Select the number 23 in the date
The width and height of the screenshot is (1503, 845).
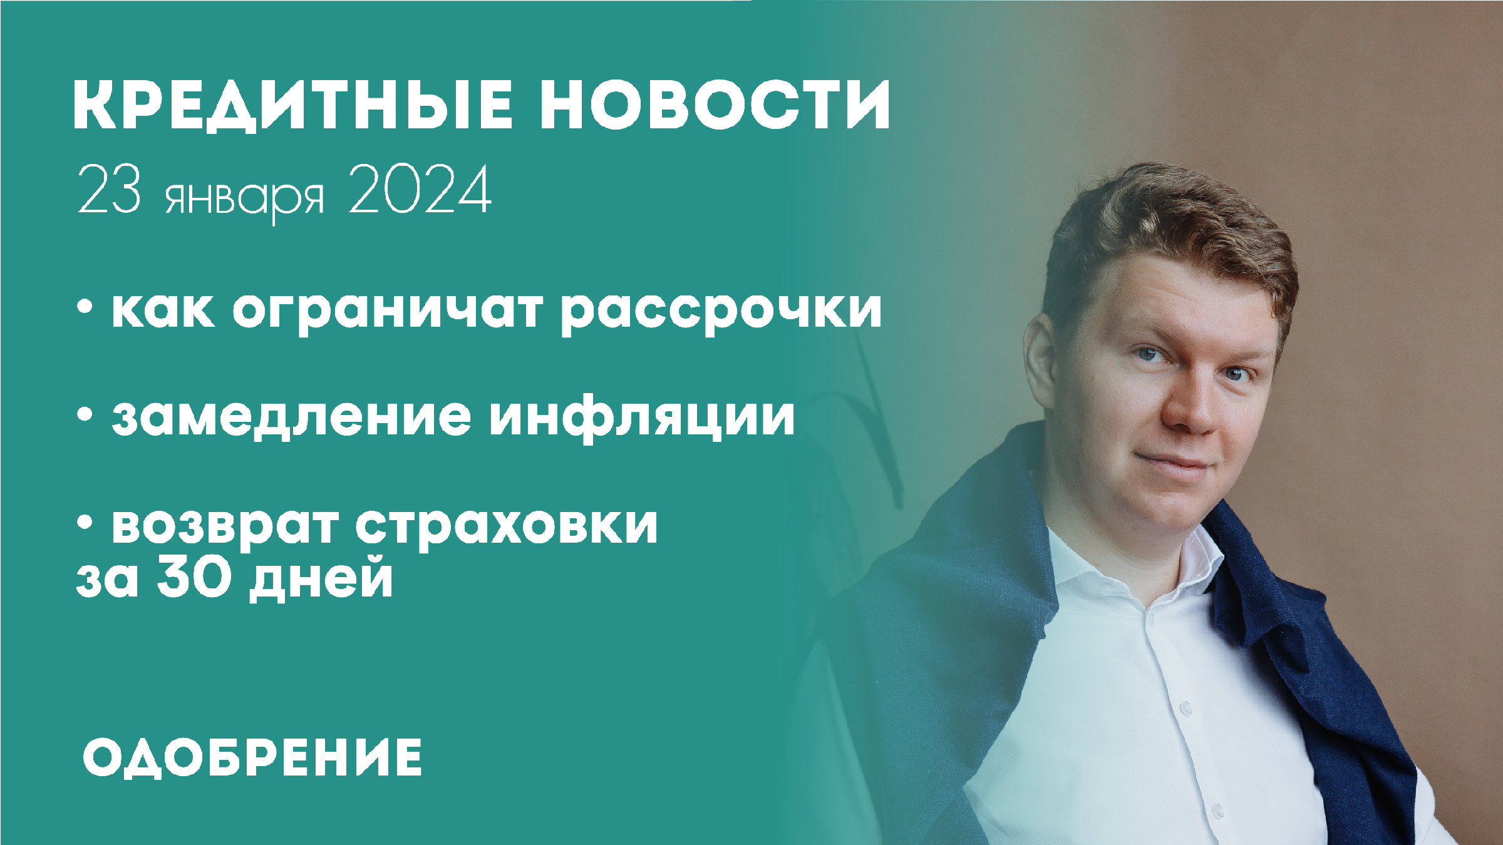(108, 191)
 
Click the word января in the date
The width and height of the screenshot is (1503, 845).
(245, 197)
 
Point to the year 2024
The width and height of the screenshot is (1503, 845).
(420, 191)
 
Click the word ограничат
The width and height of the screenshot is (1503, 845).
(388, 310)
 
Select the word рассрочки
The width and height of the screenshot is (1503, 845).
(721, 310)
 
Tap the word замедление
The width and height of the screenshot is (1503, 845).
(291, 416)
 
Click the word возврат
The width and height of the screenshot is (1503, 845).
(225, 526)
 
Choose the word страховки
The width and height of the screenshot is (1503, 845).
(507, 526)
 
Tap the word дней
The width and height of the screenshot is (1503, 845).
(321, 580)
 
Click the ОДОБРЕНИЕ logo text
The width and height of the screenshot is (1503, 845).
(252, 758)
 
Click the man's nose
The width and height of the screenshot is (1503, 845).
(1190, 407)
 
